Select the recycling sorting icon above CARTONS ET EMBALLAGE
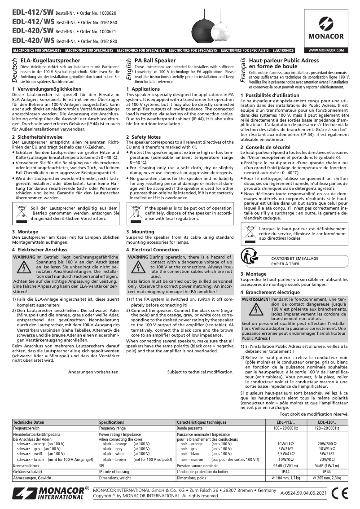point(250,256)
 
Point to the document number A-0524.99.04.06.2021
point(302,493)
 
